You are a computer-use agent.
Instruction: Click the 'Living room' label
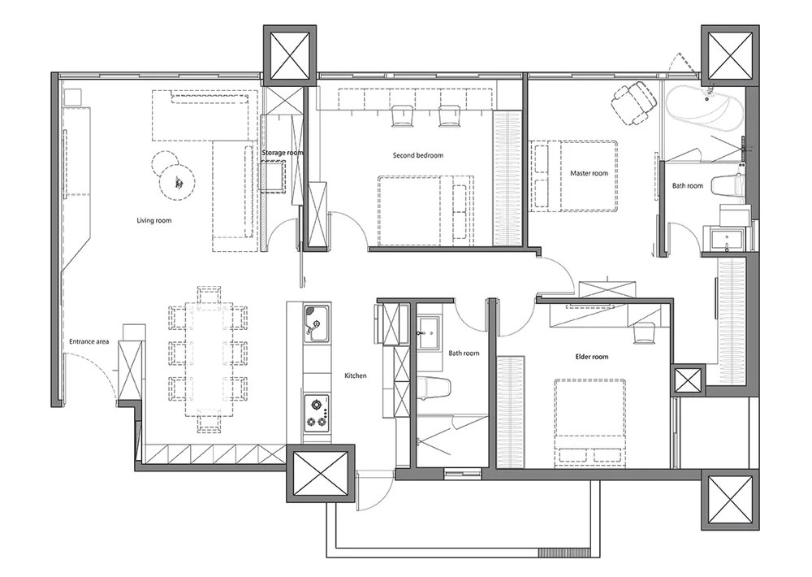[153, 220]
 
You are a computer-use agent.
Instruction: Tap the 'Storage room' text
[283, 153]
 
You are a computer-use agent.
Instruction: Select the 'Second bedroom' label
[418, 155]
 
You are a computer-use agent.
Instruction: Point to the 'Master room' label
[589, 173]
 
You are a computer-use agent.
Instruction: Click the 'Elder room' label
[592, 357]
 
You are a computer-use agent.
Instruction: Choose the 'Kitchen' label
[356, 375]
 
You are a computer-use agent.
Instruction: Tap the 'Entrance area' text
[89, 341]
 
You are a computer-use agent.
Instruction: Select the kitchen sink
[317, 323]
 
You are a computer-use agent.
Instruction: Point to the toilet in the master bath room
[728, 186]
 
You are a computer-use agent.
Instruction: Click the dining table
[209, 359]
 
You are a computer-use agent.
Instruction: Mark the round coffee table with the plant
[177, 181]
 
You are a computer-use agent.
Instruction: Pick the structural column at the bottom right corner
[730, 500]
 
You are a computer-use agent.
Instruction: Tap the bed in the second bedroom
[425, 210]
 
